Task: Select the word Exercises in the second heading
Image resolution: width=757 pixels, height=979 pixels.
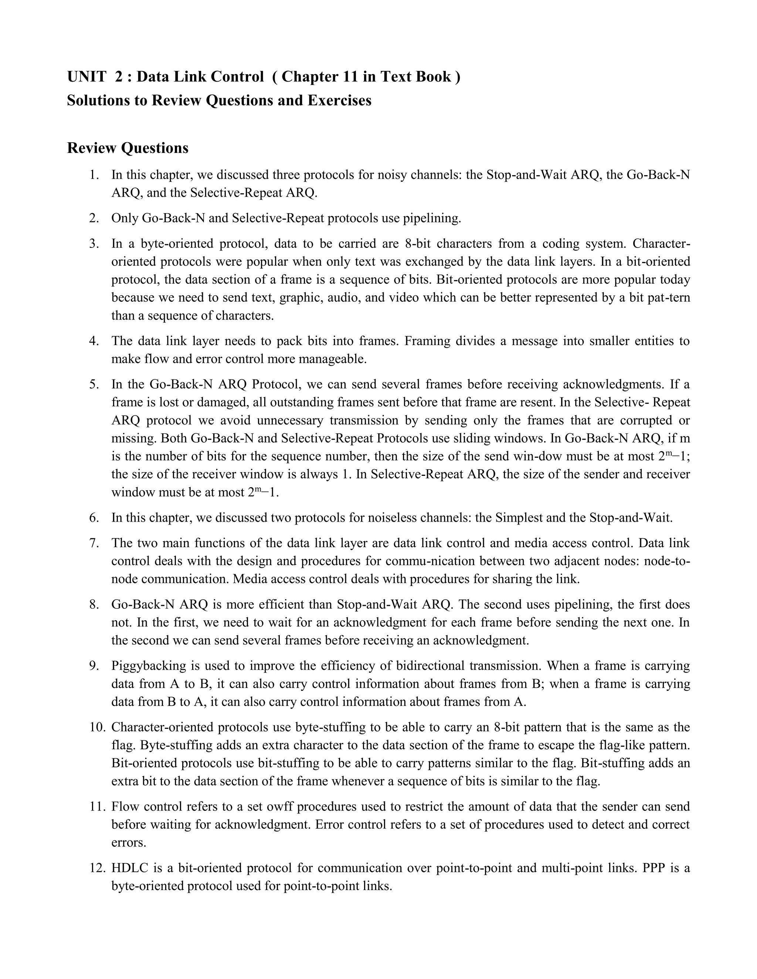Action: tap(339, 100)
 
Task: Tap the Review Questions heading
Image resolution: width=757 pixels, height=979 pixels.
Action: tap(128, 147)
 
